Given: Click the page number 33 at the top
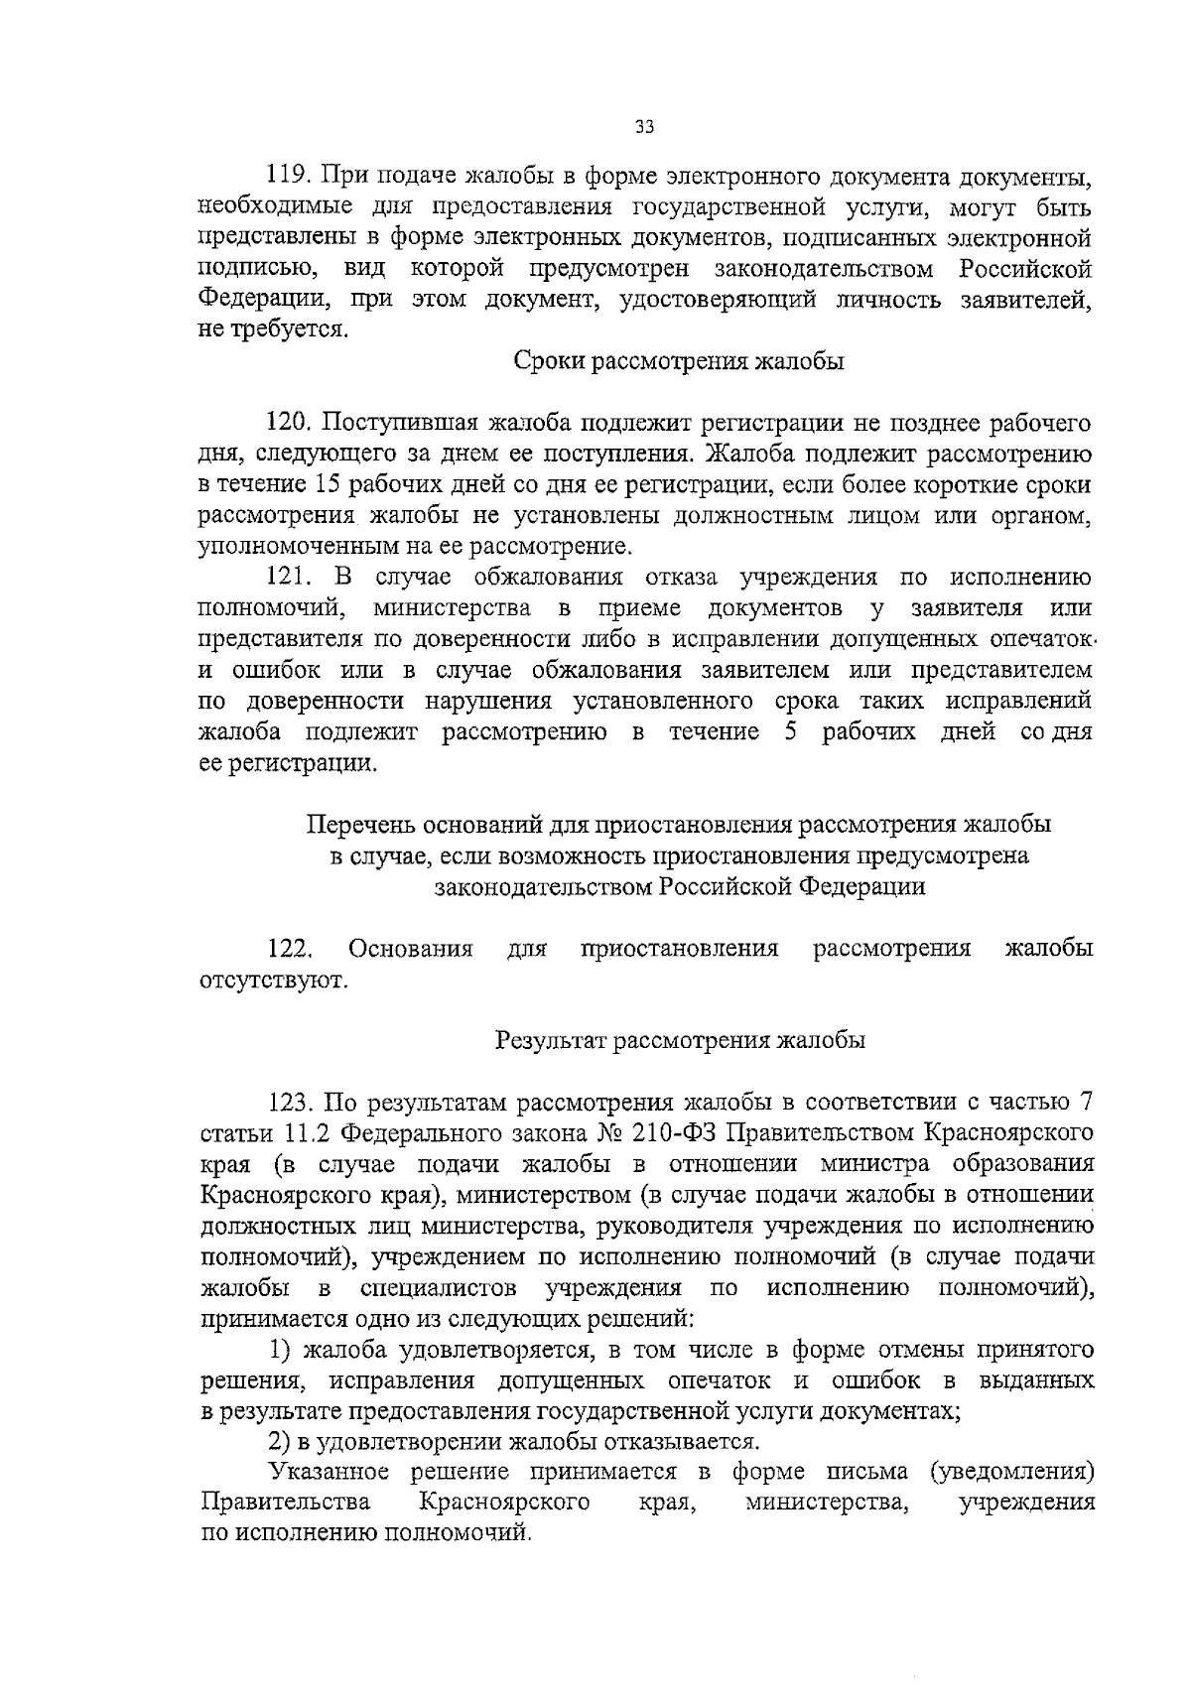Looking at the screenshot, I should point(644,127).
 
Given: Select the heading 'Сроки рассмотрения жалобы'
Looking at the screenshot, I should point(679,362).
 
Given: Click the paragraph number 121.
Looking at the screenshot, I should point(288,578).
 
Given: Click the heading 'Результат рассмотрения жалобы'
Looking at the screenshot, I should point(680,1041).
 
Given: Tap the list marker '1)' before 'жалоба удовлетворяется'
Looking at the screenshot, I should point(282,1350).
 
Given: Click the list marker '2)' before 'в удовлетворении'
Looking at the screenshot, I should point(282,1441).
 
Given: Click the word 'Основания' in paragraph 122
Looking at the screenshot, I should point(410,949).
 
